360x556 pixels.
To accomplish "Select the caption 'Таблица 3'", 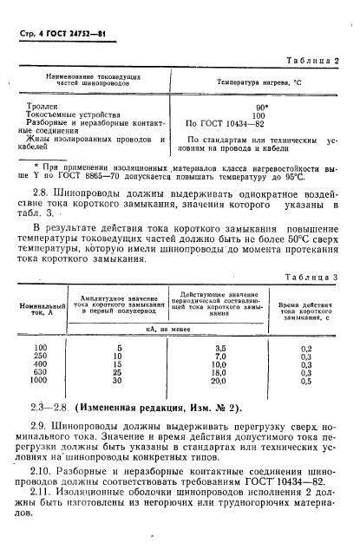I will pos(310,277).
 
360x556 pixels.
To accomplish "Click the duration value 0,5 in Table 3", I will pos(304,380).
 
